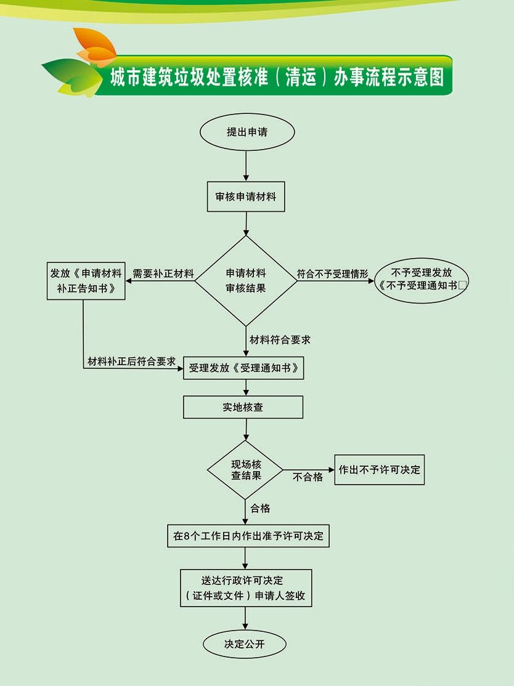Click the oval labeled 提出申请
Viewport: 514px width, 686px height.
247,132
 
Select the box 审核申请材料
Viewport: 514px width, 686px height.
246,197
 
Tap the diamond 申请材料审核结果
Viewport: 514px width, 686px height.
246,281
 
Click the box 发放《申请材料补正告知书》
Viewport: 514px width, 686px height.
86,281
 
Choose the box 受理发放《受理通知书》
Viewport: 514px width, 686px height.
243,368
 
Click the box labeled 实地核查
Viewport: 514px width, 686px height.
243,407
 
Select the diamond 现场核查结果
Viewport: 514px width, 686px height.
246,470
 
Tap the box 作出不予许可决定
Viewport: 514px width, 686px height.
379,469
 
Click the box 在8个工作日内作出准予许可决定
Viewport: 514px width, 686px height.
248,535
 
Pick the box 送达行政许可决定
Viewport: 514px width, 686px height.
245,588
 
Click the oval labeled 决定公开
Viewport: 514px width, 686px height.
245,644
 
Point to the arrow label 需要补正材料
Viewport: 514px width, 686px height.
163,273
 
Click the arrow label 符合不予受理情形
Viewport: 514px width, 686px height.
332,273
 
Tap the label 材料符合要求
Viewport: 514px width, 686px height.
280,339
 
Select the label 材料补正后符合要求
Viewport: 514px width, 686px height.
132,361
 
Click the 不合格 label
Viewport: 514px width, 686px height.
308,477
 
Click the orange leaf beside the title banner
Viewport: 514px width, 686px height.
94,47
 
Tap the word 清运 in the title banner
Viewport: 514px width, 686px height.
301,77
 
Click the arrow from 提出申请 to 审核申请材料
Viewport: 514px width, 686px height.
246,165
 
